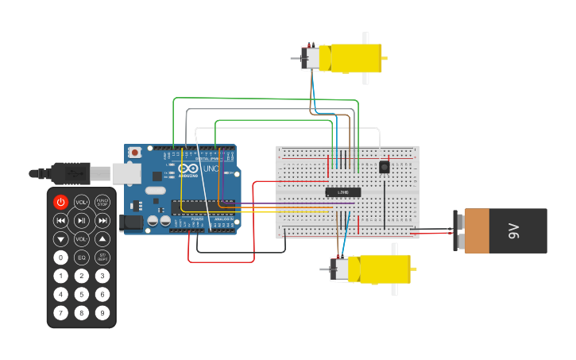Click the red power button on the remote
[x=61, y=202]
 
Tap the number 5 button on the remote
[x=82, y=294]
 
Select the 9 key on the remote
[x=102, y=312]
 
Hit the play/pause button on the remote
[x=82, y=220]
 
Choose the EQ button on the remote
[x=82, y=257]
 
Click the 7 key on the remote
[x=61, y=312]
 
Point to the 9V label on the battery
[x=512, y=231]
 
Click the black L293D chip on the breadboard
[x=343, y=192]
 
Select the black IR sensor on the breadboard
[x=385, y=167]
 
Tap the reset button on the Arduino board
[x=135, y=152]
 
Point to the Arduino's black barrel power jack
[x=130, y=223]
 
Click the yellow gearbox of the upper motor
[x=354, y=58]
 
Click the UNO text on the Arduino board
[x=211, y=168]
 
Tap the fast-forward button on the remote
[x=102, y=220]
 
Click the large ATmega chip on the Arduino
[x=203, y=207]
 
